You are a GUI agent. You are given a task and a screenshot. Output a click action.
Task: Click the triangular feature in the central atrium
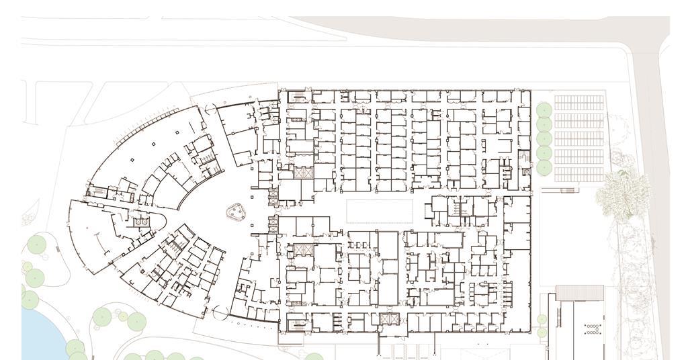click(x=236, y=212)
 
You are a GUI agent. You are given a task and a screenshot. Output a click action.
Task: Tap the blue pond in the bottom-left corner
click(x=40, y=336)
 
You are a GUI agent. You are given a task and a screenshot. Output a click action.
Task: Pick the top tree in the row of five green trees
click(x=544, y=109)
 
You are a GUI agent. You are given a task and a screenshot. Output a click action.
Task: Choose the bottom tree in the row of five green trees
click(x=544, y=167)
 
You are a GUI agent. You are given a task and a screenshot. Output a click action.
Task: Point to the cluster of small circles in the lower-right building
click(x=593, y=329)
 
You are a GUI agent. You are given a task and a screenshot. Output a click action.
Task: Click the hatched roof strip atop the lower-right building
click(x=579, y=293)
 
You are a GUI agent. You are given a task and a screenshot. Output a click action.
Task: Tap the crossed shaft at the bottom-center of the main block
click(x=389, y=319)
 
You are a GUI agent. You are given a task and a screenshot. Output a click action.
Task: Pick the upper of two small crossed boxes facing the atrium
click(x=273, y=196)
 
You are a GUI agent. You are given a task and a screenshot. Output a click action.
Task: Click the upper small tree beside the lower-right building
click(x=542, y=320)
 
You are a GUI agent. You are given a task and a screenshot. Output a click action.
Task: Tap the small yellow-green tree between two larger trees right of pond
click(x=123, y=316)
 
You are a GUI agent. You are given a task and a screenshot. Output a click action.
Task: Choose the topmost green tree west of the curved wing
click(x=36, y=246)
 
